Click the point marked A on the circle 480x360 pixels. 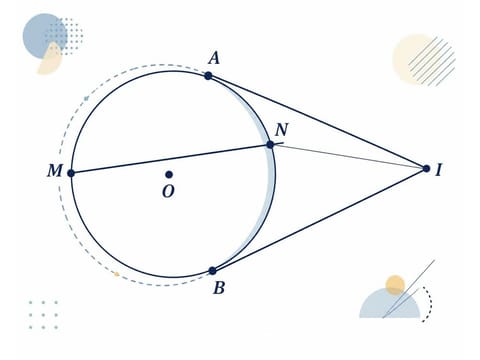tap(208, 76)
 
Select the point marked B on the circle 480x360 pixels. tap(212, 271)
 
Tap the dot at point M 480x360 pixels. tap(71, 173)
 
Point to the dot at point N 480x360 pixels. tap(270, 145)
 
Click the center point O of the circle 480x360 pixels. tap(169, 174)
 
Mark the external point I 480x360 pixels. tap(426, 169)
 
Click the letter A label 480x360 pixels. tap(214, 59)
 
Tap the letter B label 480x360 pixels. tap(219, 288)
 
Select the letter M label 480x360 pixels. tap(55, 171)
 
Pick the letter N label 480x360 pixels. tap(282, 130)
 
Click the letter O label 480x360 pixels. tap(168, 192)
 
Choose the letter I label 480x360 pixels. tap(439, 170)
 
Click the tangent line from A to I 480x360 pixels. tap(317, 122)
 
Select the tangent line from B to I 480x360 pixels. tap(319, 220)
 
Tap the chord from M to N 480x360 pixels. tap(171, 159)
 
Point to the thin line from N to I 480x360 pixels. tap(348, 157)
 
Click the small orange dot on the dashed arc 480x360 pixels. tap(117, 274)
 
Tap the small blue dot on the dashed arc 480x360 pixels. tap(86, 98)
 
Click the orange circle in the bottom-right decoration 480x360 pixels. tap(395, 285)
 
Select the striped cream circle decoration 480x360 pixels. tap(423, 59)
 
